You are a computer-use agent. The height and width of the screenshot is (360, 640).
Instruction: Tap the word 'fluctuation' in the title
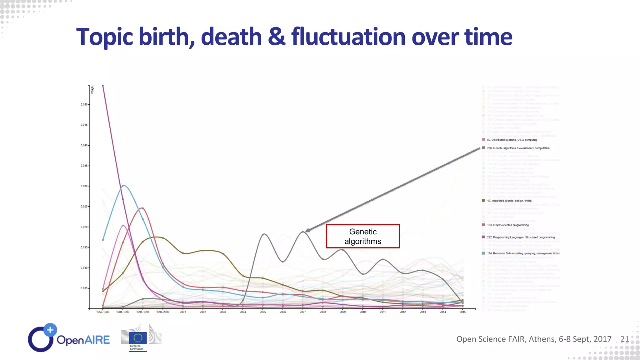pyautogui.click(x=348, y=37)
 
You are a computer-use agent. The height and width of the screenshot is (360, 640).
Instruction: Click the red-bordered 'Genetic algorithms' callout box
pyautogui.click(x=362, y=236)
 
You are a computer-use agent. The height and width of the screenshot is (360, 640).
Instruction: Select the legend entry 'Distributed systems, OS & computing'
pyautogui.click(x=512, y=140)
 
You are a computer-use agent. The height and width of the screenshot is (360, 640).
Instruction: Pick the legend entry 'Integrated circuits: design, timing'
pyautogui.click(x=511, y=201)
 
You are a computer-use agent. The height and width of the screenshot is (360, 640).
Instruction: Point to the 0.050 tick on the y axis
pyautogui.click(x=84, y=105)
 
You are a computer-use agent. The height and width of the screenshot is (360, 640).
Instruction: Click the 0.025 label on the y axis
pyautogui.click(x=84, y=207)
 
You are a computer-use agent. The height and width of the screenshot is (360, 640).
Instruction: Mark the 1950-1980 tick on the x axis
pyautogui.click(x=103, y=312)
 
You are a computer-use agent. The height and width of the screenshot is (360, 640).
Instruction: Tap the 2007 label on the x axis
pyautogui.click(x=303, y=312)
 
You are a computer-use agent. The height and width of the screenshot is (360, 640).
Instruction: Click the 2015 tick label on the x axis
pyautogui.click(x=462, y=312)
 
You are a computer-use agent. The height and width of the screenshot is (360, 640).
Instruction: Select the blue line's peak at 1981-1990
pyautogui.click(x=123, y=186)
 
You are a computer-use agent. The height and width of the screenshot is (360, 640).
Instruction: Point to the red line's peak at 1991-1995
pyautogui.click(x=142, y=208)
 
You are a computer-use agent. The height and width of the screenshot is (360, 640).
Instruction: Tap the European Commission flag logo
pyautogui.click(x=138, y=338)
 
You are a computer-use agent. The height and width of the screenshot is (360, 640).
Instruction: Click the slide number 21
pyautogui.click(x=624, y=339)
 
